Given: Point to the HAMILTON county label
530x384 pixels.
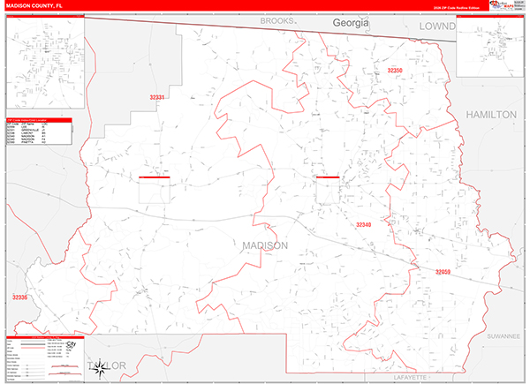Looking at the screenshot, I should pos(489,115).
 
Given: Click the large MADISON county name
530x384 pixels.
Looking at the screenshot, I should pos(263,245).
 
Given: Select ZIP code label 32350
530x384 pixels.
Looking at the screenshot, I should pos(394,71).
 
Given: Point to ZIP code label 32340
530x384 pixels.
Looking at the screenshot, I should pos(364,225).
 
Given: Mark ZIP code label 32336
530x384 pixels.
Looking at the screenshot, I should pos(19,297).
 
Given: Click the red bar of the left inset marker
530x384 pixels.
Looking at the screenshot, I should pos(154,177).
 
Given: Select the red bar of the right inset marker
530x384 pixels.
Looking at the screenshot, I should pos(327,177).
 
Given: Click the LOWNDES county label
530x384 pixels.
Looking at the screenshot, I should pos(436,27).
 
